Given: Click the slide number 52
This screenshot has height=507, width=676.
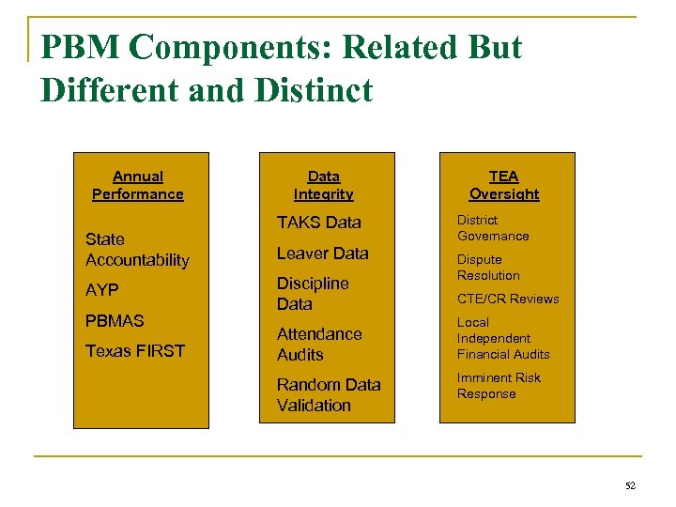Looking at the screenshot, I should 630,484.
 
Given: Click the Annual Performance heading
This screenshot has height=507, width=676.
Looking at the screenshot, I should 138,185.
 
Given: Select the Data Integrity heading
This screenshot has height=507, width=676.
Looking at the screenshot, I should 323,185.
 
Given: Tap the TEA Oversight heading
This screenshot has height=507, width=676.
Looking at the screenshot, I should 504,185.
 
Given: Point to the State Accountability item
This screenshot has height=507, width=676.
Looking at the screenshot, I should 137,250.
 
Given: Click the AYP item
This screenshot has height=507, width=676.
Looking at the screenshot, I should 102,290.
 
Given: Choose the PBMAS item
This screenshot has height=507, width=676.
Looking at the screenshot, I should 115,320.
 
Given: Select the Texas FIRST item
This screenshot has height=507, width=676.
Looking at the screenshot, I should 135,351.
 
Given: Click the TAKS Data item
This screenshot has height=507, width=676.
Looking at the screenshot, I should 318,223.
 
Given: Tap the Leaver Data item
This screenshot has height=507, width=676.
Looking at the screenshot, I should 322,253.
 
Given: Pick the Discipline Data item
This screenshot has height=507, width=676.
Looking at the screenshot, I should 313,293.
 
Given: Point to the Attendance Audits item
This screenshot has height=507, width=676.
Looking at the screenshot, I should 319,344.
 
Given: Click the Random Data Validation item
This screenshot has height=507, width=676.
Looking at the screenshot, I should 329,394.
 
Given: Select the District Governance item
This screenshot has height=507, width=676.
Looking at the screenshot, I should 493,228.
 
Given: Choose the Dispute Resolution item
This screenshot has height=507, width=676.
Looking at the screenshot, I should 488,268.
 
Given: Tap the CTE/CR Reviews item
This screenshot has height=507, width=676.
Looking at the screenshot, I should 508,299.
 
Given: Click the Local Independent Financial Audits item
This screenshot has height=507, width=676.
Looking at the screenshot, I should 503,338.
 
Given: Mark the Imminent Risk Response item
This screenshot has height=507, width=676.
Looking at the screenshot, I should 499,386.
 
